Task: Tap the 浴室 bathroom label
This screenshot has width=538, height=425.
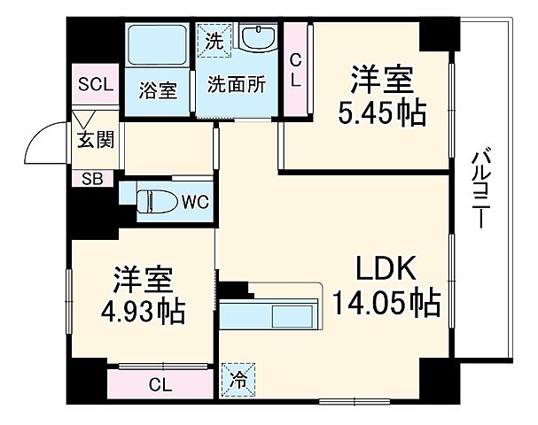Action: click(158, 90)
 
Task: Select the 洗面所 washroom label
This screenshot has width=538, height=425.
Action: click(236, 85)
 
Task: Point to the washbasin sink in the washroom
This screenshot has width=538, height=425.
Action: click(258, 41)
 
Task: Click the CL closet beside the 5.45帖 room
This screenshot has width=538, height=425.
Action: click(296, 69)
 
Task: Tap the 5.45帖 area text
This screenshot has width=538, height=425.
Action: click(382, 113)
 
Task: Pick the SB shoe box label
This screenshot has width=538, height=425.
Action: click(92, 178)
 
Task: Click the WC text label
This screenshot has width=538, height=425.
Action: click(195, 202)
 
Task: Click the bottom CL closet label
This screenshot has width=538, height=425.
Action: click(160, 384)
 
